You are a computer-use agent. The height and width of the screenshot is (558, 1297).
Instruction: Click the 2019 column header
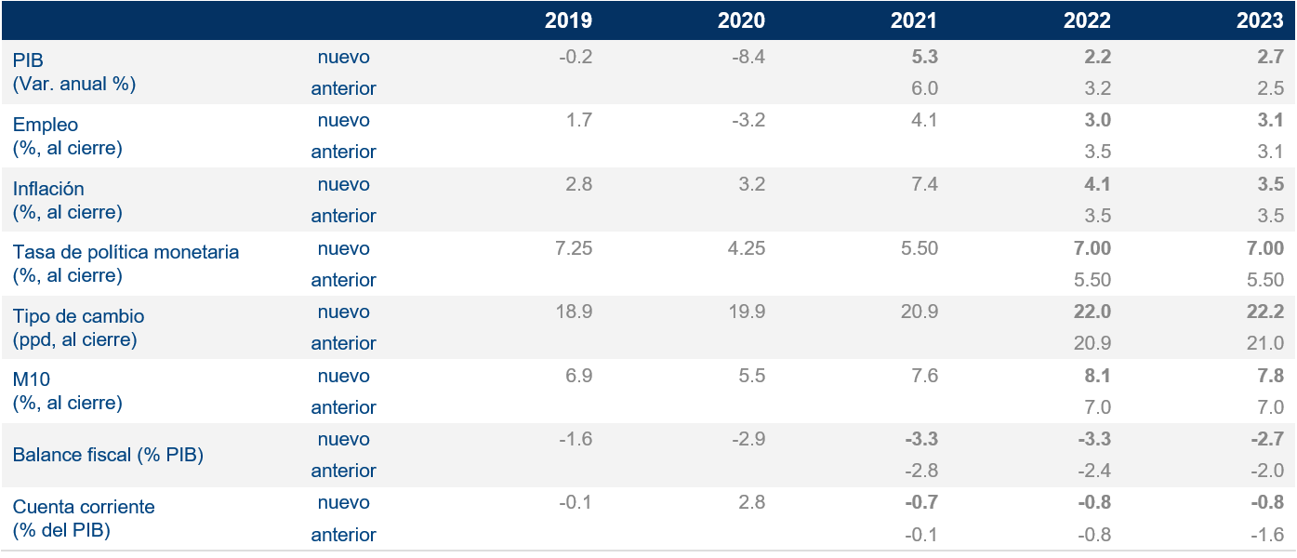coord(569,20)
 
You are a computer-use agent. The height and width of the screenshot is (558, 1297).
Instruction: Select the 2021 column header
coord(915,20)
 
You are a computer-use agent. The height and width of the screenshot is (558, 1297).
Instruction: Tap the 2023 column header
coord(1260,20)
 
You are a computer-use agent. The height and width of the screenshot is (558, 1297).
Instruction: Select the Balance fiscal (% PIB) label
coord(108,455)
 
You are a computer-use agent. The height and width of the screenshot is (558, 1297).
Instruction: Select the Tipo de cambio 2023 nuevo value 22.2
coord(1265,312)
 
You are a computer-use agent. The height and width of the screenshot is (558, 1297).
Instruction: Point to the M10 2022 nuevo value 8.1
coord(1097,376)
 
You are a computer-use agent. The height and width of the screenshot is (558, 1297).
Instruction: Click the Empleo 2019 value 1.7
coord(578,120)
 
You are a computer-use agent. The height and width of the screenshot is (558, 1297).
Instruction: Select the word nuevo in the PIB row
coord(343,57)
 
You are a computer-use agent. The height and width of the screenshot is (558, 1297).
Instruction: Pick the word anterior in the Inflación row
coord(343,216)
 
